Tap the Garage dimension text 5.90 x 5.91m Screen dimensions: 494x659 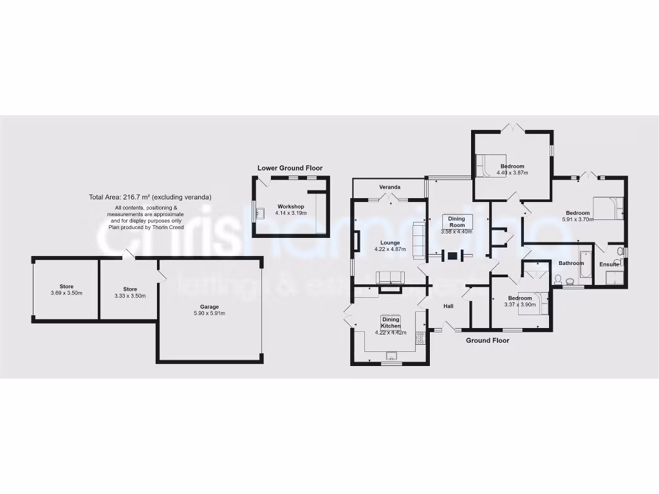pos(209,313)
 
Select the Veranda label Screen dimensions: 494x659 pos(389,187)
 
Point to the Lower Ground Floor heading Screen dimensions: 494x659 pos(290,168)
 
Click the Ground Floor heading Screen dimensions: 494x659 pos(487,340)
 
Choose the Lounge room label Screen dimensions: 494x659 pos(390,242)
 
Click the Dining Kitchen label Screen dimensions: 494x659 pos(391,323)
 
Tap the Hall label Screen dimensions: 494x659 pos(449,306)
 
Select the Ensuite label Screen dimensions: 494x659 pos(609,264)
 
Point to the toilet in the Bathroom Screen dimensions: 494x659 pos(558,279)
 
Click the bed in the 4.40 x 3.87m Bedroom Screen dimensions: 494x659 pos(483,166)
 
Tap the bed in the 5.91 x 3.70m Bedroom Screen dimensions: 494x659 pos(609,208)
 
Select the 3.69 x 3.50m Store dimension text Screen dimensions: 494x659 pos(66,293)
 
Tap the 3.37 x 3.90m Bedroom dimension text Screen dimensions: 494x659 pos(520,305)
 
